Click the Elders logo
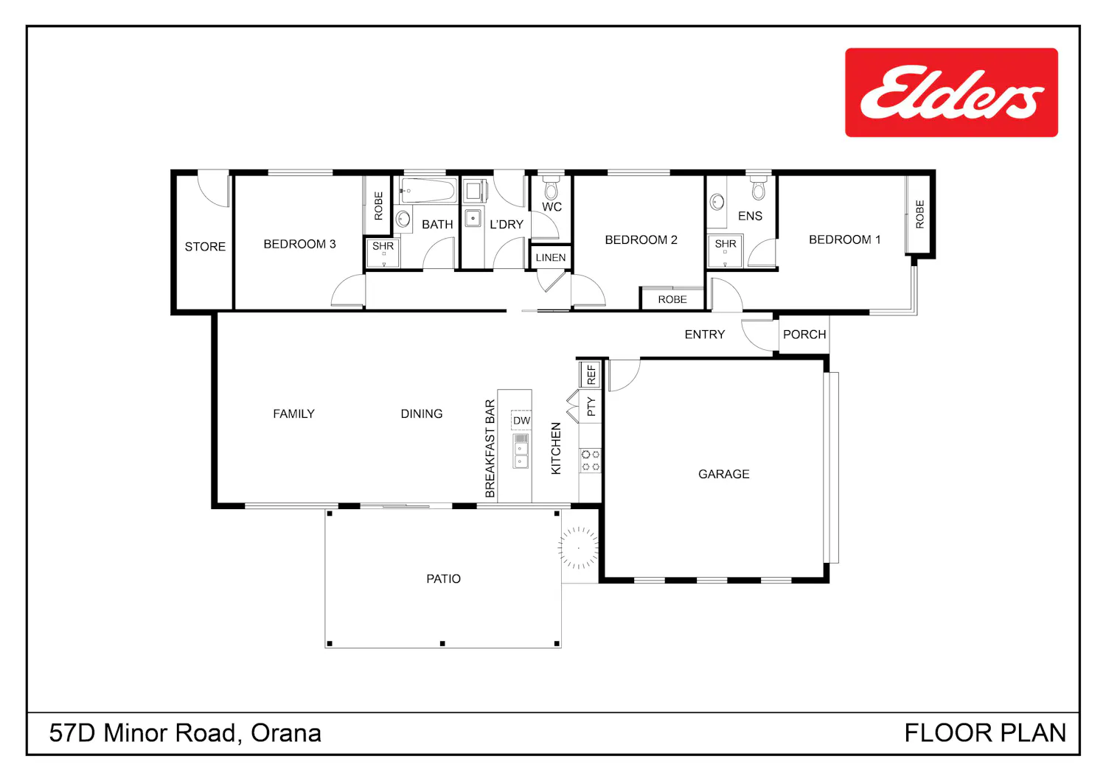pos(951,92)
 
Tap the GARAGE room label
pos(723,474)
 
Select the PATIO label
pos(443,578)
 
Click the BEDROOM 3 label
pos(299,244)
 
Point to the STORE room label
pos(205,247)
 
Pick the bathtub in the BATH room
pos(428,190)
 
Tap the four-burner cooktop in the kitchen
pos(590,460)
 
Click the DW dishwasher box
pos(521,421)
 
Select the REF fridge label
pos(591,375)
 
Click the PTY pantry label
pos(591,407)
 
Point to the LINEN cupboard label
pos(551,258)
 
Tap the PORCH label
pos(804,335)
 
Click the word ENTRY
pos(705,335)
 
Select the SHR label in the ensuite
pos(726,244)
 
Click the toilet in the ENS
pos(759,188)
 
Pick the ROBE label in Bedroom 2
pos(672,299)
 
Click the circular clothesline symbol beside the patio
pos(578,547)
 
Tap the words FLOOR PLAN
pos(985,733)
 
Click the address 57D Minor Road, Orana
pos(185,733)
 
